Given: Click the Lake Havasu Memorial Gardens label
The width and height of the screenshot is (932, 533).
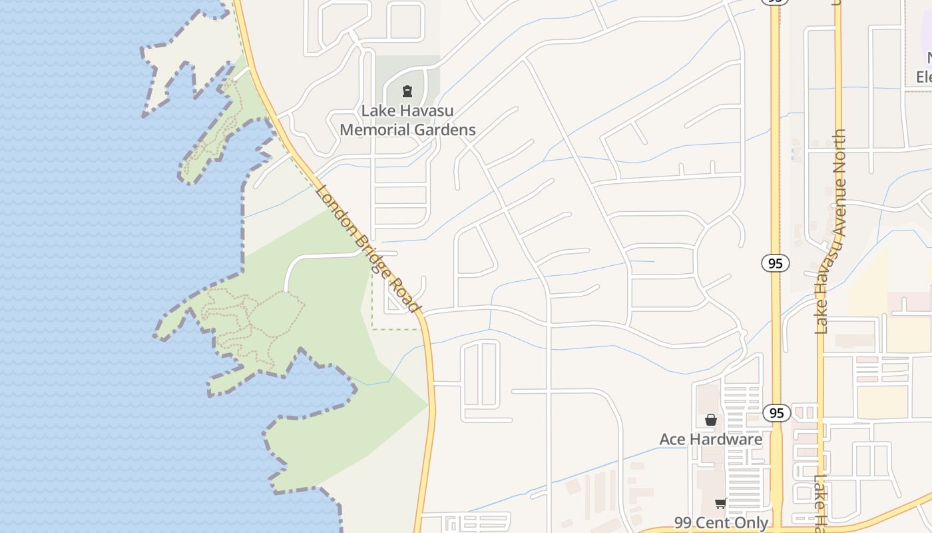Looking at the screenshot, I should [407, 120].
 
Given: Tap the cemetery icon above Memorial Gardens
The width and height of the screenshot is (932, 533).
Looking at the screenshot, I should [407, 91].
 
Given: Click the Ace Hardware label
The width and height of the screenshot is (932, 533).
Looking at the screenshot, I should [710, 440].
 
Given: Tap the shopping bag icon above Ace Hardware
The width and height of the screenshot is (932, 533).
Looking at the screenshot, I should [711, 420].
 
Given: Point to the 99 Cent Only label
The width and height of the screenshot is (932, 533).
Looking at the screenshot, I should [721, 523].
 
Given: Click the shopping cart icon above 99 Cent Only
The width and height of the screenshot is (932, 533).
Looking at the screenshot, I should [720, 503].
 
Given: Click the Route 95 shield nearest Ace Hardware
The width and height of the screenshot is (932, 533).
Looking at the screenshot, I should [776, 413].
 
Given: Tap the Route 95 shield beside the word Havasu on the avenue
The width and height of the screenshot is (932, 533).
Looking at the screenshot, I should [776, 263].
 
